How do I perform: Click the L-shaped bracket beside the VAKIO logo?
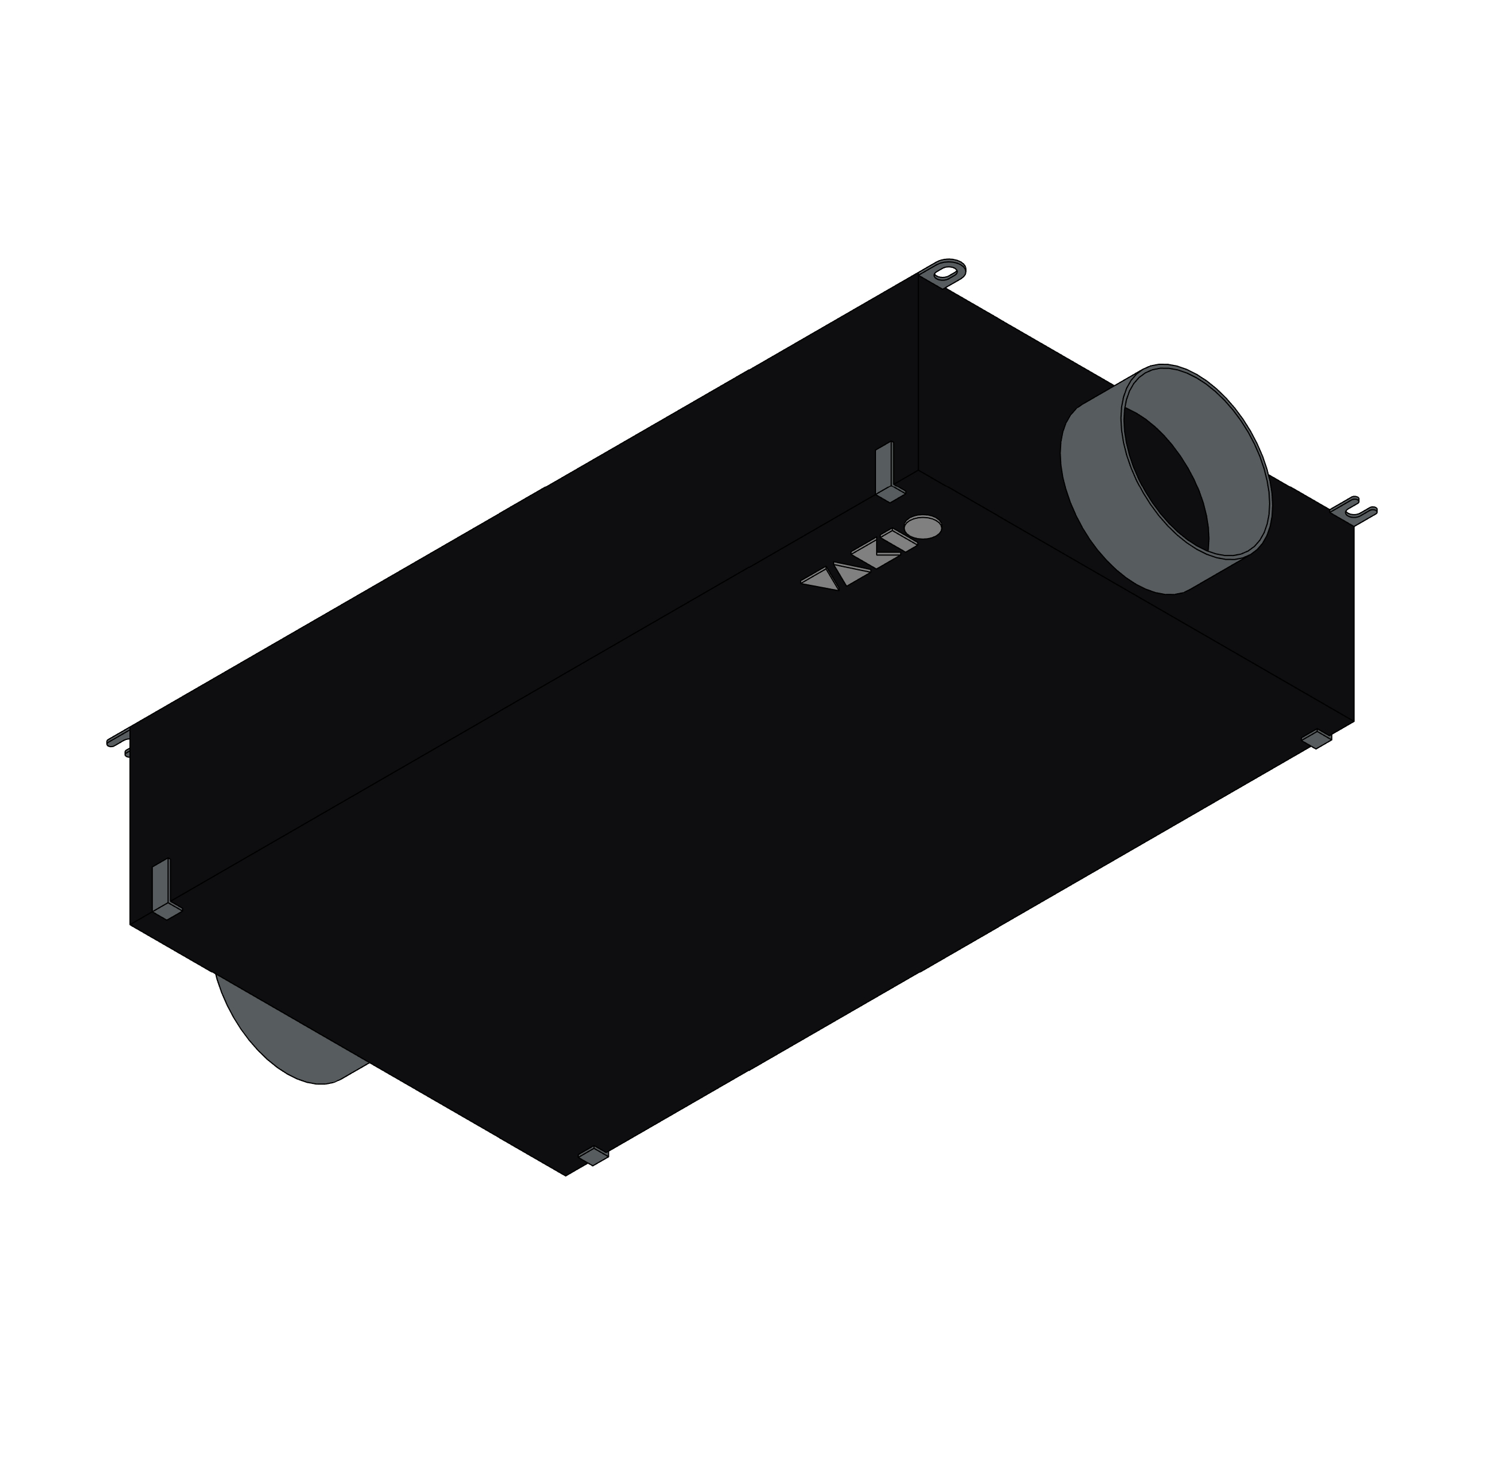click(888, 475)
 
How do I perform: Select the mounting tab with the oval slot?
click(947, 273)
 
